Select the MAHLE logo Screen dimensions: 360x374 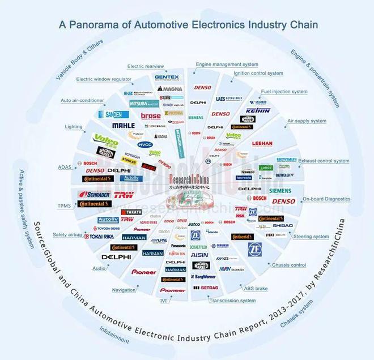(x=123, y=125)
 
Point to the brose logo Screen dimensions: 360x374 (x=151, y=115)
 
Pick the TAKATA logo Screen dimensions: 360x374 (x=134, y=212)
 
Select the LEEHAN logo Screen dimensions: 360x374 (x=262, y=144)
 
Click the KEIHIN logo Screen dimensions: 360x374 (x=258, y=110)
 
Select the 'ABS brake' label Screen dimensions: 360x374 (x=256, y=288)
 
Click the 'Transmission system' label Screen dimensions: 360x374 (x=232, y=301)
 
